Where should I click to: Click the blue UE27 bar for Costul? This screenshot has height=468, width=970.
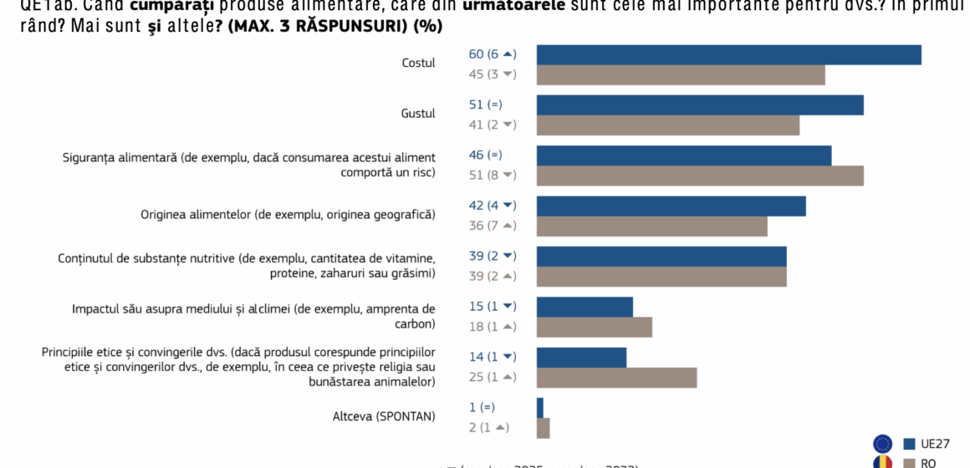728,55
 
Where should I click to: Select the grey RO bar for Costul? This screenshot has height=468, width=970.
681,75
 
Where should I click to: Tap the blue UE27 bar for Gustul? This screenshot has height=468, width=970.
700,105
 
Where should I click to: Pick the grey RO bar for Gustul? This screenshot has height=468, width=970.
668,125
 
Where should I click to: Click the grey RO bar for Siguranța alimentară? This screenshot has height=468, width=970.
700,175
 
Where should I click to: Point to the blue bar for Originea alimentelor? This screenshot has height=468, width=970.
671,206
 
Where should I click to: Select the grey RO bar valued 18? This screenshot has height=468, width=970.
594,327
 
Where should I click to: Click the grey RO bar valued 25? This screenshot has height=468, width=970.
616,378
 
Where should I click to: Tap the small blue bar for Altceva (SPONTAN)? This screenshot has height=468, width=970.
540,408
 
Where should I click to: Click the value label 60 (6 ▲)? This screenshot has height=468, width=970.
493,54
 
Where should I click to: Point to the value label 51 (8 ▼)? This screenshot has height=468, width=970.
493,175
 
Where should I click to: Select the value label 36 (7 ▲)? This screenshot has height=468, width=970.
493,226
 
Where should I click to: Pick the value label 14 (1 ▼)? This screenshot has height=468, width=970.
493,357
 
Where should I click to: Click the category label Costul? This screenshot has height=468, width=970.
418,64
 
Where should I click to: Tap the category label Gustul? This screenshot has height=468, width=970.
418,114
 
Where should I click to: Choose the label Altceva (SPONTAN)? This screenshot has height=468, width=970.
384,416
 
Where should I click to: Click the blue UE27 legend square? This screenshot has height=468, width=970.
909,444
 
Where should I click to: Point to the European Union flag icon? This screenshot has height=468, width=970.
882,444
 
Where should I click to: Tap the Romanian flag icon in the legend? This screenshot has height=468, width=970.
882,462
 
